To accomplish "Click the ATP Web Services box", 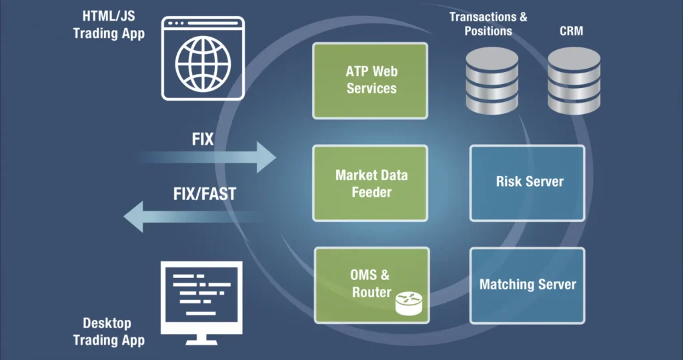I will pos(371,80).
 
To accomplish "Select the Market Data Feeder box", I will pos(371,183).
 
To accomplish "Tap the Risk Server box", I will pos(528,182).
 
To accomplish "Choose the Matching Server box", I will pos(527,285).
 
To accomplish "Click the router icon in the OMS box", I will pos(408,304).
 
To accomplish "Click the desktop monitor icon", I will pos(201,297).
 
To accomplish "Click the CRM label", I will pos(571,31).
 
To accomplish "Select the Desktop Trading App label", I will pos(109,331).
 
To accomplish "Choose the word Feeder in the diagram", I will pos(372,192).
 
